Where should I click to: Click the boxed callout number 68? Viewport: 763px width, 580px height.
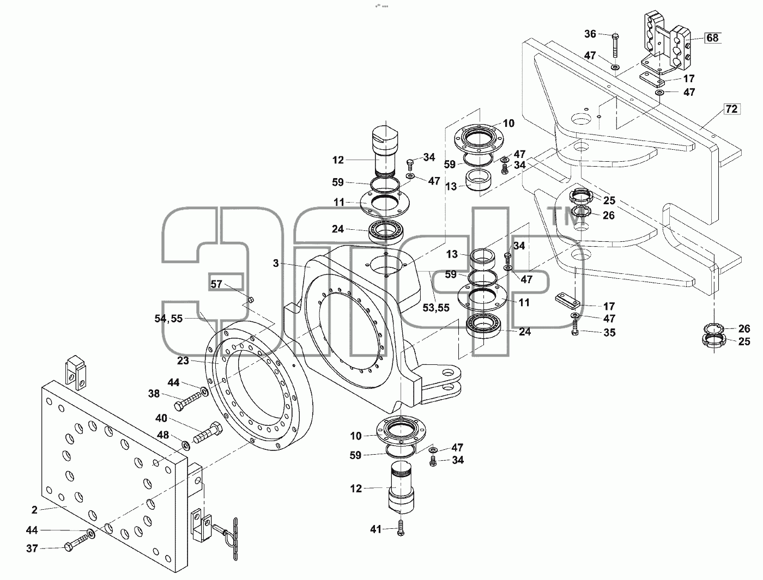coord(712,38)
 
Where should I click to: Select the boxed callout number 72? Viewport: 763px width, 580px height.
coord(731,109)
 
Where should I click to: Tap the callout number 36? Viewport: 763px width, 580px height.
coord(590,34)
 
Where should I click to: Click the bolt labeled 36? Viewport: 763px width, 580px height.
coord(615,45)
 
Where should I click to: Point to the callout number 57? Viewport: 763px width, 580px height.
coord(216,284)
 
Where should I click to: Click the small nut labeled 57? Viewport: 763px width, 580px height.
coord(250,300)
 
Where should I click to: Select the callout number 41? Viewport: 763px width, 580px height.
coord(376,529)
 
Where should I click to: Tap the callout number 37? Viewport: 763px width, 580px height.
coord(32,549)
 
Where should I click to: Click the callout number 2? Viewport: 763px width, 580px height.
coord(34,510)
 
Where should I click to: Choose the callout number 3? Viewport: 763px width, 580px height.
coord(276,263)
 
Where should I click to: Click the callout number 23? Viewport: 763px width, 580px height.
coord(183,361)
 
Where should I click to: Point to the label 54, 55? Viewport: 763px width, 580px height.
coord(168,319)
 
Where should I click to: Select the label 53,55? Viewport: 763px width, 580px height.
coord(436,308)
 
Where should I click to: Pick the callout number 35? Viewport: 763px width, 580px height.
coord(609,332)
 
